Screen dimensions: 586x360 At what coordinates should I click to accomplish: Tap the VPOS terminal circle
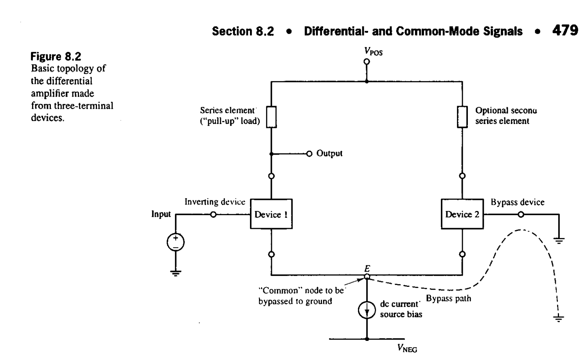click(x=367, y=61)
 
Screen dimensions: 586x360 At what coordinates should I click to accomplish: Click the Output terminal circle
click(x=309, y=153)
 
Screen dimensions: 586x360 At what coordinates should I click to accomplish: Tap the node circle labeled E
click(x=367, y=277)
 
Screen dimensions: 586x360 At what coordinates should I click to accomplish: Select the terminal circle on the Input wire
click(x=213, y=214)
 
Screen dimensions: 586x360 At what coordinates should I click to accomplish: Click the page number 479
click(x=565, y=31)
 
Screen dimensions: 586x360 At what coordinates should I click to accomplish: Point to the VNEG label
click(x=407, y=348)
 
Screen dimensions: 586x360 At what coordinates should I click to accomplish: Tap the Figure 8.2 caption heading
click(x=56, y=56)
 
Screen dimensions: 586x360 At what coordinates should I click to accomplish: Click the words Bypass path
click(x=448, y=299)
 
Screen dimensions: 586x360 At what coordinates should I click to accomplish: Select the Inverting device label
click(x=215, y=202)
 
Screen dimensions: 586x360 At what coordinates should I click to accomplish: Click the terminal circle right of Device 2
click(x=521, y=214)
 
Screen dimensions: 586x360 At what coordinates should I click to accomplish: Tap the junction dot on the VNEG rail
click(x=367, y=339)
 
